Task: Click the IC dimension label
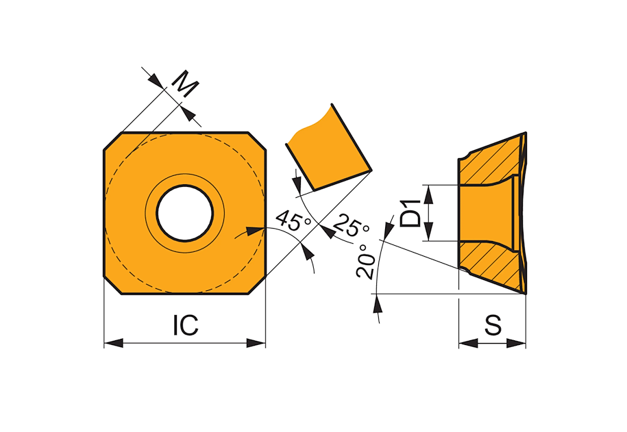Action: (186, 325)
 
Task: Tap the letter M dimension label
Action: (185, 84)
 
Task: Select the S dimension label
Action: (493, 325)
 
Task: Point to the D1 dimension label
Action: (410, 214)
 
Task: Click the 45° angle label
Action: (294, 220)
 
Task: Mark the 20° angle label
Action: (365, 261)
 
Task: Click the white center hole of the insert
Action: (185, 213)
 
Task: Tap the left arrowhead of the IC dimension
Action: (114, 343)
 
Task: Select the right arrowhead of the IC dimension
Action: (256, 343)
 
